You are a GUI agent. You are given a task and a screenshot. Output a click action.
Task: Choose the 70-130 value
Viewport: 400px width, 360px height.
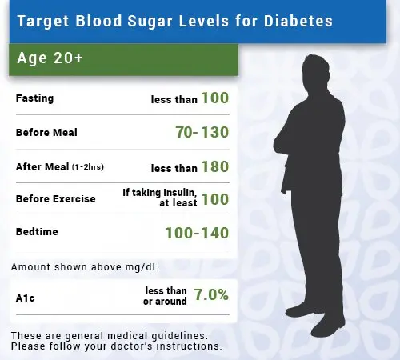tap(196, 132)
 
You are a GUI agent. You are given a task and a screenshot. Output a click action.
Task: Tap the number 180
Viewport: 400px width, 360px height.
tap(214, 166)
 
